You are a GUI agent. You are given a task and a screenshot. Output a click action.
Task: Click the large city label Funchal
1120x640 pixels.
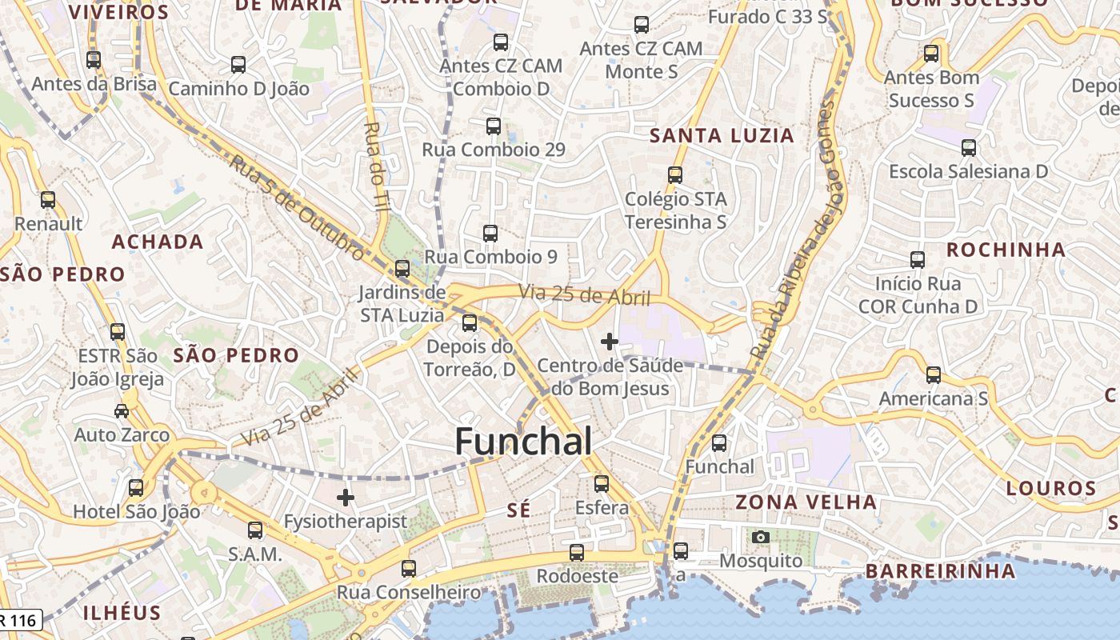[524, 442]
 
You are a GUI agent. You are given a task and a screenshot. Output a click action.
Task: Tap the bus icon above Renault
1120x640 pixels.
[48, 200]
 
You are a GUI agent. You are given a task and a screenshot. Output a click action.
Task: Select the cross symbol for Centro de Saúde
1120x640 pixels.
[610, 342]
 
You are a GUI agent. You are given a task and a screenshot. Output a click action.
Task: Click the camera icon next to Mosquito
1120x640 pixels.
[760, 537]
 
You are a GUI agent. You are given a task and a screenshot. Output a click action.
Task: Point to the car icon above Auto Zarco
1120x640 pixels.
[122, 411]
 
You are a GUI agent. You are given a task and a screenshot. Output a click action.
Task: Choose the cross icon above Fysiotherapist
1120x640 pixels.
[346, 498]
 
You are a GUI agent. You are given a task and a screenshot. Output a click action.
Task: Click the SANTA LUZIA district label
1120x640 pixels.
[722, 136]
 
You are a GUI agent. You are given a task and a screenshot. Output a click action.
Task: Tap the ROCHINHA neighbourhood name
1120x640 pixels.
[1006, 250]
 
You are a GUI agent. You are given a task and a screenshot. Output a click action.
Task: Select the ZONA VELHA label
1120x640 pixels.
[806, 502]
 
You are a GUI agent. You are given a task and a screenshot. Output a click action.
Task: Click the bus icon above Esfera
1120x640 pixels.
[602, 484]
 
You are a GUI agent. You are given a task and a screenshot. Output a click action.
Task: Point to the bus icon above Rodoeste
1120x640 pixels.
[577, 552]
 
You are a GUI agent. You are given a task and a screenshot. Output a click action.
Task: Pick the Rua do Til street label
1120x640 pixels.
[375, 166]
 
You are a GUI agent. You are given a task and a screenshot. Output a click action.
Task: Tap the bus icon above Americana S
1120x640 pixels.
[933, 374]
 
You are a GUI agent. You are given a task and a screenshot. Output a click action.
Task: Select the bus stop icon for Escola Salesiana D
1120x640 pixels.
[969, 148]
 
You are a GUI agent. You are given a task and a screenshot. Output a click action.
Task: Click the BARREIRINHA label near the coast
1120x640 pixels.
[940, 571]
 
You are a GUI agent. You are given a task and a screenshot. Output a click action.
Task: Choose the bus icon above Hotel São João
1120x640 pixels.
[136, 487]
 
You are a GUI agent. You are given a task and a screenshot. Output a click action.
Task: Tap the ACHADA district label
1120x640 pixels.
[158, 242]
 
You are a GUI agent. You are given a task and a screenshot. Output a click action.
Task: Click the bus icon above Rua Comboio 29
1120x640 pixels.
[494, 126]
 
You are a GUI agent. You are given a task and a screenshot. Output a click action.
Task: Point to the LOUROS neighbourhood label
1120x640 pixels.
[1050, 488]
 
